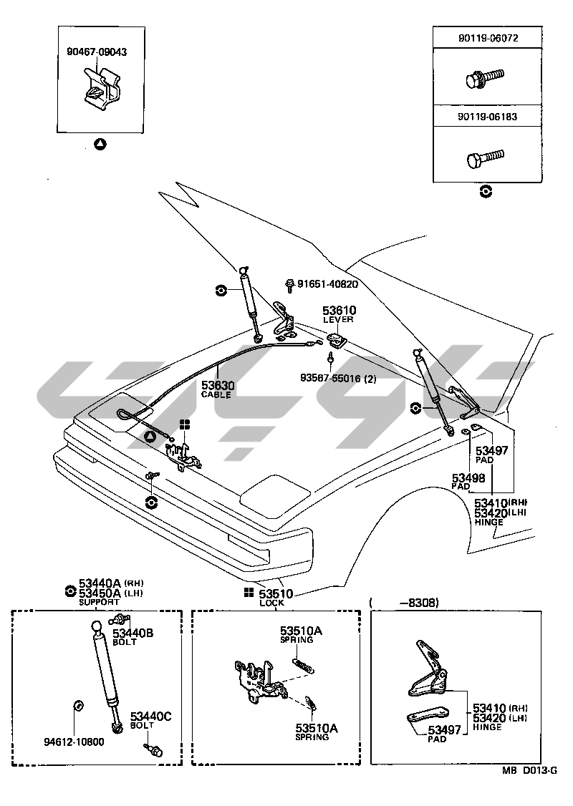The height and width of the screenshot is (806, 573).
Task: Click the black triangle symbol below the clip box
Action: (100, 145)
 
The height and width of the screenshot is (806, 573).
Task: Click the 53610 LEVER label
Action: (339, 314)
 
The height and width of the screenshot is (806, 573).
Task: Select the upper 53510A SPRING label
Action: (301, 635)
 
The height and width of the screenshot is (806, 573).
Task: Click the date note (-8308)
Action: (405, 603)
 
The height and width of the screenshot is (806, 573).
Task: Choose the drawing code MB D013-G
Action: (529, 770)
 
